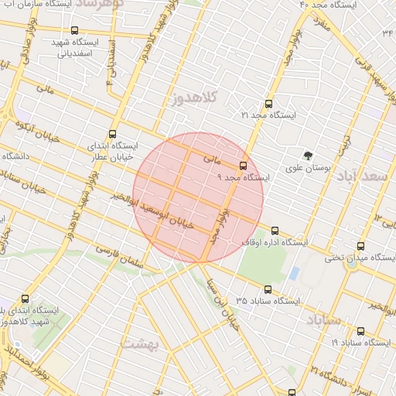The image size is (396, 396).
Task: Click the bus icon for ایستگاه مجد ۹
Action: point(244,166)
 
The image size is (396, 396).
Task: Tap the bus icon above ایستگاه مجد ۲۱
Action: point(268,103)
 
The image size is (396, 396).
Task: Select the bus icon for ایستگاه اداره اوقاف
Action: point(275,230)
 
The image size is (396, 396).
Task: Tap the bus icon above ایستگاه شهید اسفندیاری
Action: point(73,32)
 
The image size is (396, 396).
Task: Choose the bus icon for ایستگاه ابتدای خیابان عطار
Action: point(114,133)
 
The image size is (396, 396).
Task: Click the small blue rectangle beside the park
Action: point(295,274)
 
